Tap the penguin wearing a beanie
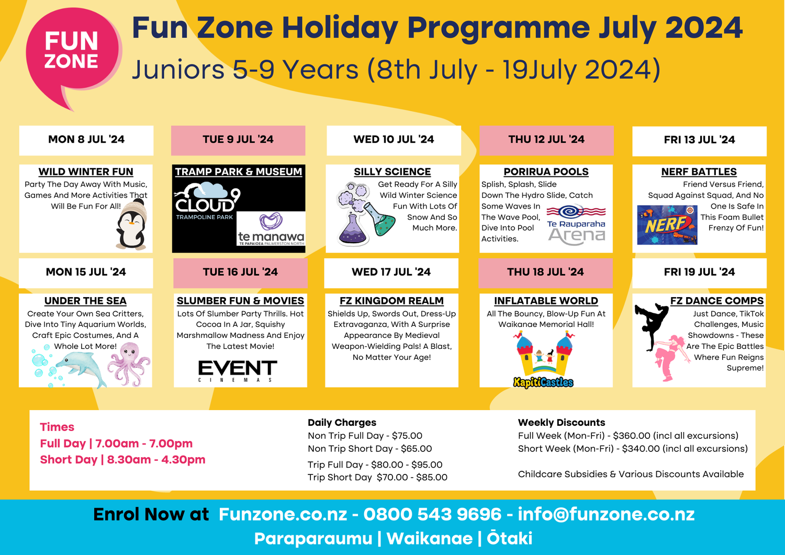coord(131,226)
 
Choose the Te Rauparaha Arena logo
coord(576,225)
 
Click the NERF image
coord(667,225)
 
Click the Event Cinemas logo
coord(238,371)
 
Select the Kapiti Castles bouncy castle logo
coord(544,361)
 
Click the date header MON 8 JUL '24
coord(86,140)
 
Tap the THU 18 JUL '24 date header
coord(545,272)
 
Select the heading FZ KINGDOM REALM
coord(391,301)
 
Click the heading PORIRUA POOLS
coord(546,172)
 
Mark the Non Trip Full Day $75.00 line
coord(365,436)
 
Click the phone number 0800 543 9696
coord(432,514)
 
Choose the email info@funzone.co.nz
coord(606,514)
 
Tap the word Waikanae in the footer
coord(429,538)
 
